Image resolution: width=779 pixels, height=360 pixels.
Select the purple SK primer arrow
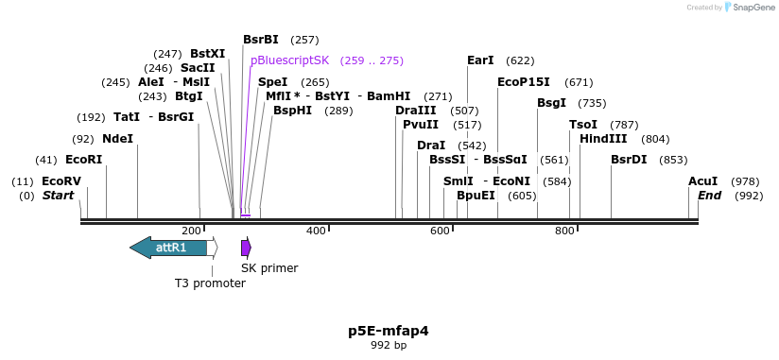tap(246, 248)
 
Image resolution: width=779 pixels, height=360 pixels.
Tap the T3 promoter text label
tap(210, 283)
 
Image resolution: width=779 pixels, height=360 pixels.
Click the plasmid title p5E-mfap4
tap(389, 331)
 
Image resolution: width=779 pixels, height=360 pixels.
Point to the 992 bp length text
tap(389, 346)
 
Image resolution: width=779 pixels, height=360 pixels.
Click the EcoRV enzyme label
tap(61, 180)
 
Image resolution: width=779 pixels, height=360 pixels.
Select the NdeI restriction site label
tap(117, 138)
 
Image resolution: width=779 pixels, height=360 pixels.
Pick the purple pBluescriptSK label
tap(289, 60)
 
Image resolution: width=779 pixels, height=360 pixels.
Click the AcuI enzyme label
tap(702, 180)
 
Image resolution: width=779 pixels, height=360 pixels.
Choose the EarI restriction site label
tap(480, 60)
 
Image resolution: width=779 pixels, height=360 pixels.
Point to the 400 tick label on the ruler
tap(316, 230)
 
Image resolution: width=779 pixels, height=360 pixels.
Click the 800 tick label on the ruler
tap(564, 230)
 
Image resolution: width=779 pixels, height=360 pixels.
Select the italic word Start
tap(58, 195)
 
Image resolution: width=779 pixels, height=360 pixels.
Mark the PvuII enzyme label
tap(421, 124)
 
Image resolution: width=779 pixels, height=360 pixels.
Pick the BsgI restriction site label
tap(552, 102)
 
